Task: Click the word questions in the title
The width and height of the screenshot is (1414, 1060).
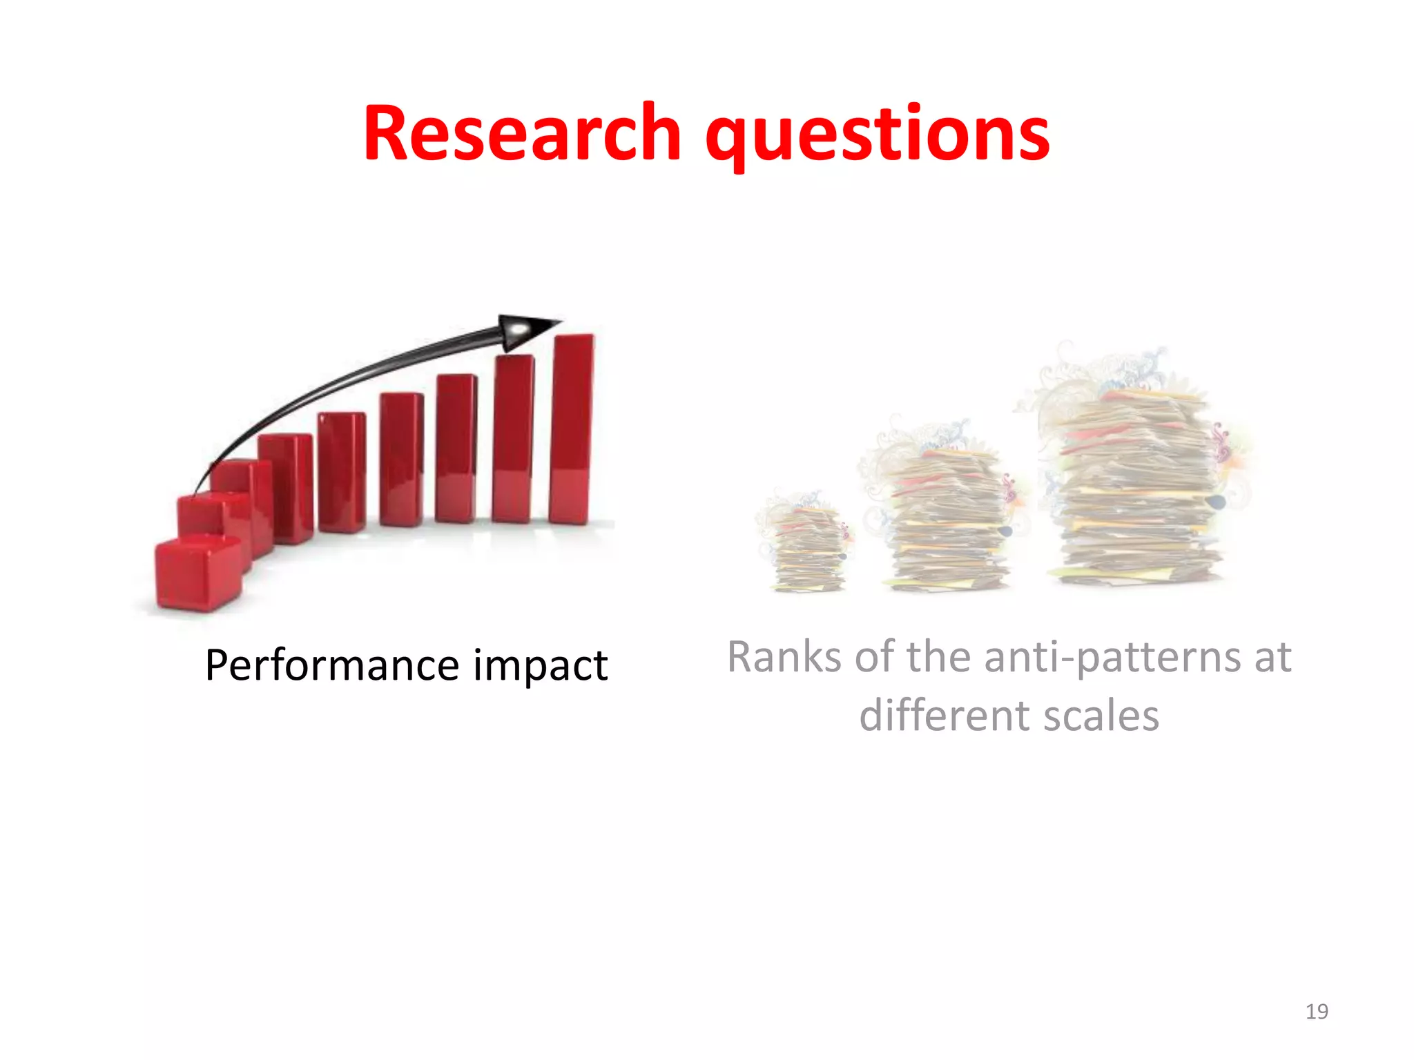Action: click(877, 135)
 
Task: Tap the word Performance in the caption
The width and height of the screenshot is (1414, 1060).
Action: click(332, 665)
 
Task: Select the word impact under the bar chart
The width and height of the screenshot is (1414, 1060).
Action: click(540, 667)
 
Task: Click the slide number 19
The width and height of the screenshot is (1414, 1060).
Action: click(1317, 1012)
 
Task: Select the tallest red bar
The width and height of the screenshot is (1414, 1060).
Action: click(572, 428)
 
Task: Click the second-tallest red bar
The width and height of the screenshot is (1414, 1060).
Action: click(513, 438)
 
